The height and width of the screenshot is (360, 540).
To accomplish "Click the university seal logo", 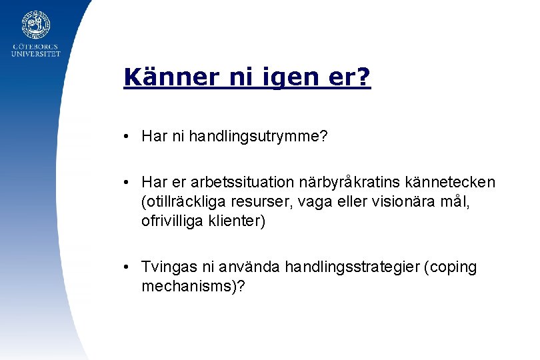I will click(36, 25).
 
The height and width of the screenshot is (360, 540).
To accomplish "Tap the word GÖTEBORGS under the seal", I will click(36, 47).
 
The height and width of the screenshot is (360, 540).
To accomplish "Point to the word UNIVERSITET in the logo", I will click(36, 54).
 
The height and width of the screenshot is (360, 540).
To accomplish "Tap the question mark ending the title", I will click(364, 77).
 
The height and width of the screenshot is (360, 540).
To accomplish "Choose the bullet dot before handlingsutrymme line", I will click(126, 137).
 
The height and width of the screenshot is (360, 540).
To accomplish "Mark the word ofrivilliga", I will click(170, 221).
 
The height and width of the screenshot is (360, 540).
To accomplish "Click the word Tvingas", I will click(167, 267).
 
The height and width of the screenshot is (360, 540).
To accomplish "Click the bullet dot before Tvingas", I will click(126, 267).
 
